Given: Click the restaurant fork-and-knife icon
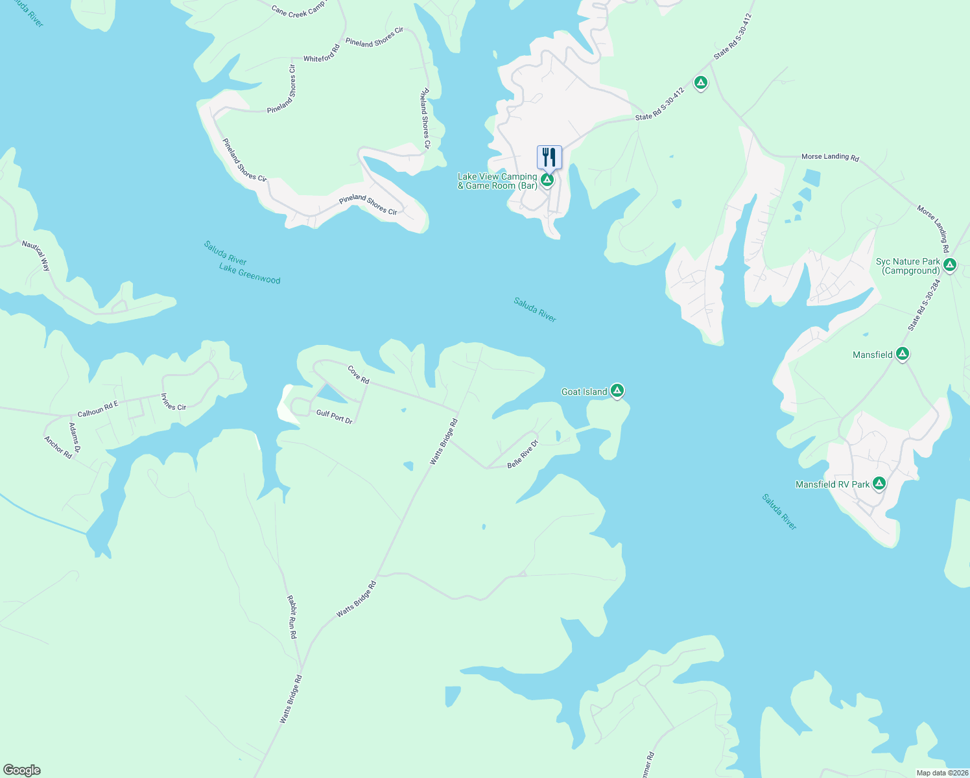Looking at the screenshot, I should [x=549, y=157].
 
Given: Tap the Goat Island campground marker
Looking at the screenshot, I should [x=617, y=391].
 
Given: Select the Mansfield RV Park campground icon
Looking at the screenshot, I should [x=879, y=484].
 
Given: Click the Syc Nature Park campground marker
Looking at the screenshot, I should [x=950, y=265].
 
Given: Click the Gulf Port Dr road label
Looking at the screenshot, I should [x=335, y=416].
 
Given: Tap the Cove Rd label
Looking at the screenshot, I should [x=359, y=375].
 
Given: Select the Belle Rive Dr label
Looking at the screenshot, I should [x=523, y=454].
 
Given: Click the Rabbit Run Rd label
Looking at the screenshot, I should [x=292, y=618].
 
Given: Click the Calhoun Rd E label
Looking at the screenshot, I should [x=98, y=409].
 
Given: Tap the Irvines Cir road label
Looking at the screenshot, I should [x=173, y=402].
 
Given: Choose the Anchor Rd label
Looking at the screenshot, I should [x=58, y=447].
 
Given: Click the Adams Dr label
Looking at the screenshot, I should [x=75, y=438].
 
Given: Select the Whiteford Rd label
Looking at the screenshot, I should [x=322, y=53].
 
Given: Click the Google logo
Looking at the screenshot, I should [x=22, y=770].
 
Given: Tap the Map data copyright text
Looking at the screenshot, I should [x=942, y=773].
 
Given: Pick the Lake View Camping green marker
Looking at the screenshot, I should [x=547, y=180].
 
